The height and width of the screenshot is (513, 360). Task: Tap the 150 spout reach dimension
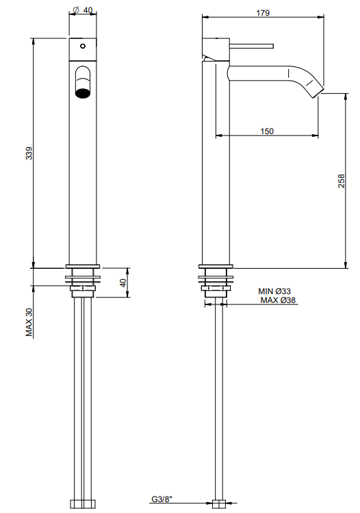click(x=267, y=131)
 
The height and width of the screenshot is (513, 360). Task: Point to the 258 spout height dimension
click(x=342, y=181)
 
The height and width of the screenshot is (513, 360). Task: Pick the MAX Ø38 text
click(x=277, y=300)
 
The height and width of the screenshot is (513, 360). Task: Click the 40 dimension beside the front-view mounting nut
click(x=124, y=282)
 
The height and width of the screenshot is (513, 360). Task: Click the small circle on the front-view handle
click(x=83, y=47)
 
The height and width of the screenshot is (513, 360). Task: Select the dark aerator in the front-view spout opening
click(x=83, y=92)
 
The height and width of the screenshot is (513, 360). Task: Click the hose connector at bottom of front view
click(x=83, y=505)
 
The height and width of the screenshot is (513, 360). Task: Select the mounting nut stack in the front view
click(x=83, y=280)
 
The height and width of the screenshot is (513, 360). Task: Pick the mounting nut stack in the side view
click(x=217, y=280)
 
